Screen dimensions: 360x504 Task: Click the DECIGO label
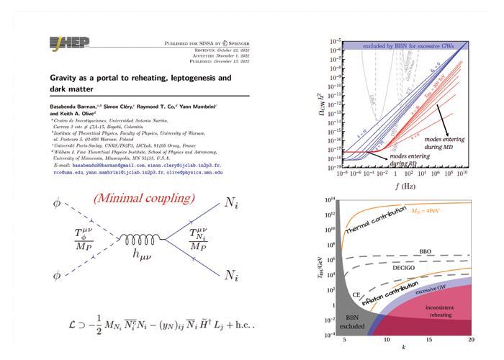(x=407, y=267)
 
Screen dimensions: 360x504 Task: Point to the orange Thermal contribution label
(x=374, y=220)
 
